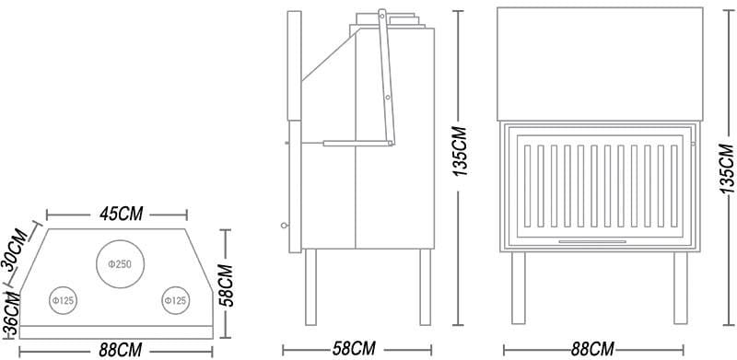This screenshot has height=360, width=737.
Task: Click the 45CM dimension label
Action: (x=121, y=214)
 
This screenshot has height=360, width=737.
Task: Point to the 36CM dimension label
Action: (x=12, y=314)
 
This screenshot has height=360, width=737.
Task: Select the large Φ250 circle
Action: (x=120, y=264)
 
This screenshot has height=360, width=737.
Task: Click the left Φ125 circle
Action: (x=63, y=300)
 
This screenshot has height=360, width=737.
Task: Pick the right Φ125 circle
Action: (x=176, y=300)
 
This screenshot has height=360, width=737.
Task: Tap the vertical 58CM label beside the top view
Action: (x=227, y=285)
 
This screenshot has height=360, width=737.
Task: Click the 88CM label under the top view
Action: (x=121, y=350)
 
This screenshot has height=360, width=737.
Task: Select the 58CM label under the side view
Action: (x=354, y=349)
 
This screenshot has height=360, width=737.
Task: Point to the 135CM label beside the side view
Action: (x=460, y=151)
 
